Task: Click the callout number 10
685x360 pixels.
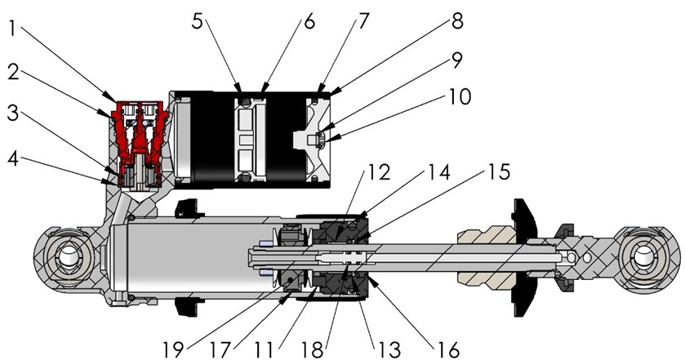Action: point(458,97)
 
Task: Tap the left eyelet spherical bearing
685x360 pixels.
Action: point(64,262)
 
